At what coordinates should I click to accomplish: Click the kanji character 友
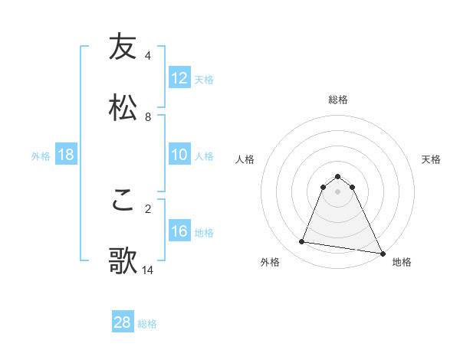pyautogui.click(x=123, y=47)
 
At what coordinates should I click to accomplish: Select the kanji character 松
pyautogui.click(x=123, y=106)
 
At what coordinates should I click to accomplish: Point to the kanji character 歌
pyautogui.click(x=123, y=260)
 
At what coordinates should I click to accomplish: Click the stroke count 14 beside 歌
pyautogui.click(x=148, y=270)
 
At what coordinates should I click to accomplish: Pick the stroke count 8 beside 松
pyautogui.click(x=148, y=116)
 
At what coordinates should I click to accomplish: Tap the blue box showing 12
pyautogui.click(x=179, y=78)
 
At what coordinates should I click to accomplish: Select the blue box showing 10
pyautogui.click(x=179, y=155)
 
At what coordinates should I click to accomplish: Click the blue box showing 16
pyautogui.click(x=179, y=231)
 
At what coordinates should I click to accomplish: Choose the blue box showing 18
pyautogui.click(x=66, y=155)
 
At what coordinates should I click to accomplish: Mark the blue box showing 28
pyautogui.click(x=123, y=322)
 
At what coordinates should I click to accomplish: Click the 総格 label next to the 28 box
pyautogui.click(x=147, y=324)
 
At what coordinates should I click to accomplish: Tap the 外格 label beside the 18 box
pyautogui.click(x=41, y=156)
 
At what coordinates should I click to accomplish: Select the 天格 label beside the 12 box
pyautogui.click(x=204, y=80)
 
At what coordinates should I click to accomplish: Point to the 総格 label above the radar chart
pyautogui.click(x=338, y=100)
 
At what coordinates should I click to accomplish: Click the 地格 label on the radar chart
pyautogui.click(x=402, y=263)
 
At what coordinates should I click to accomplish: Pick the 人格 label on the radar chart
pyautogui.click(x=245, y=159)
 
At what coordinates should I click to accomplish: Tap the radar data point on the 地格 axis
pyautogui.click(x=382, y=252)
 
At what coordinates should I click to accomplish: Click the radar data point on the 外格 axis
pyautogui.click(x=302, y=242)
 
